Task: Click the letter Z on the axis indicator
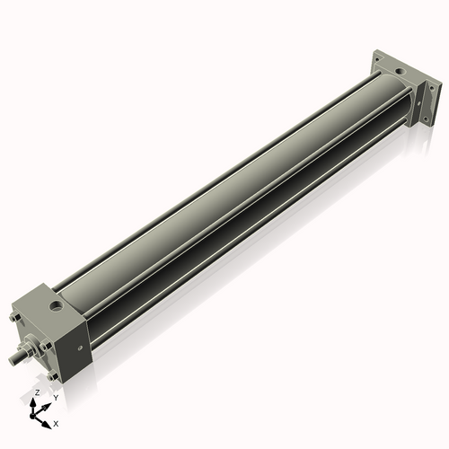(x=37, y=393)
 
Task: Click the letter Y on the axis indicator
(x=55, y=397)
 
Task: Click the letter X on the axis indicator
(x=56, y=422)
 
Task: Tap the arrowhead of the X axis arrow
(x=48, y=418)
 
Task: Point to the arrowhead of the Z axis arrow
(x=36, y=401)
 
